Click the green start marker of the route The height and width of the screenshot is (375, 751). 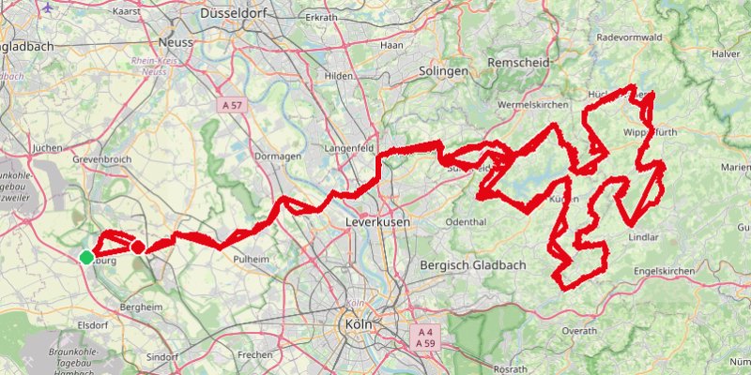pos(86,257)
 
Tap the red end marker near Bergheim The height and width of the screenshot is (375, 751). pos(137,247)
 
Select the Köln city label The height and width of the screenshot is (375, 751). pos(355,323)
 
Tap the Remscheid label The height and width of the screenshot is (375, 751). pos(517,62)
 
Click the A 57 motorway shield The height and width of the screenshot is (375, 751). pos(234,107)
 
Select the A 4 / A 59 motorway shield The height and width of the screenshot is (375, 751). pos(425,337)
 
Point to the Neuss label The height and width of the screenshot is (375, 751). pos(176,43)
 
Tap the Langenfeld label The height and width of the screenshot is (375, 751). pos(349,149)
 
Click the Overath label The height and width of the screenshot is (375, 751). pos(579,331)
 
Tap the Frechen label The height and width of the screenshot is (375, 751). pos(254,355)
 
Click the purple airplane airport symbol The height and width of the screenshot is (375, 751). pos(48,7)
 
